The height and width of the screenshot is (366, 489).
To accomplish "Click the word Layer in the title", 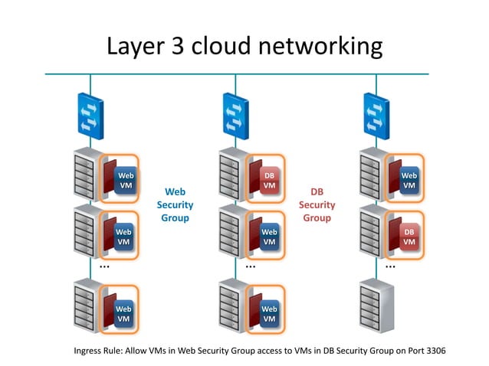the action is point(136,46).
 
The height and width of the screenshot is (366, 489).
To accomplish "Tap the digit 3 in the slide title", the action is point(178,45).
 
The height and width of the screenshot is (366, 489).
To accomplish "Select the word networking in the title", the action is point(320,46).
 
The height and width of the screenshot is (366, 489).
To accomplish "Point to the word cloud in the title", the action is point(221,45).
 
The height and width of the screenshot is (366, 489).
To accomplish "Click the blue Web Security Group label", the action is point(175,204).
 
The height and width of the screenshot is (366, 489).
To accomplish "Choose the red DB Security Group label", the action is point(317,204).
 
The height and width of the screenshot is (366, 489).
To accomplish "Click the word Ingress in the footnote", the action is point(86,351).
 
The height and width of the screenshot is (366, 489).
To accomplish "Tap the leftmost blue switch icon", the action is point(90,116).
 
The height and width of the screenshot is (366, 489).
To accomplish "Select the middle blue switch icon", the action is point(236,116).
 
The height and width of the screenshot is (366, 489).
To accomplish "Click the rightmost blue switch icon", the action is point(376,116).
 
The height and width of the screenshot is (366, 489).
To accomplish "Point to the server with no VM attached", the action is point(377,306).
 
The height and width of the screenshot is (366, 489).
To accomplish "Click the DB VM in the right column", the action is point(409,237).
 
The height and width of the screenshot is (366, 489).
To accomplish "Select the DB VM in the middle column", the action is point(270,181).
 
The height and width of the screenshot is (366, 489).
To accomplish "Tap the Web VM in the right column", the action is point(409,181).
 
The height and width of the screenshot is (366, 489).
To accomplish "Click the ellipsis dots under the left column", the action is point(104,266).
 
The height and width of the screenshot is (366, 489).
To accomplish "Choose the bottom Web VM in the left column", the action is point(124,314).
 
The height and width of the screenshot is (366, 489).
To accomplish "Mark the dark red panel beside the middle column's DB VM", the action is point(255,176).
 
